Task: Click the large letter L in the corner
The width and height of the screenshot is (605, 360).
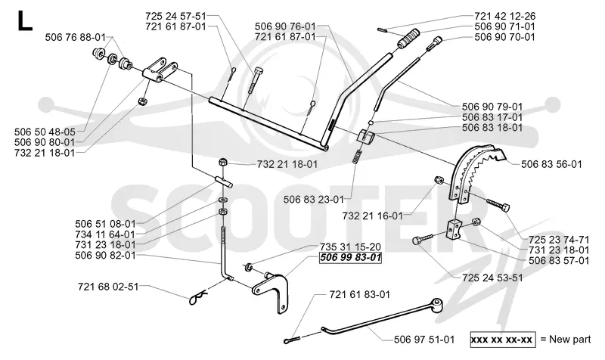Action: point(24,21)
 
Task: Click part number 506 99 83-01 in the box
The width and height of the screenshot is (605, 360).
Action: point(350,257)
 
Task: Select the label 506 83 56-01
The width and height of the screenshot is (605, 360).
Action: point(551,164)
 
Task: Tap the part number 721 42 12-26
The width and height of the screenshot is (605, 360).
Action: point(504,16)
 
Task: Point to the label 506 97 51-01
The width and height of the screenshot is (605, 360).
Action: point(424,340)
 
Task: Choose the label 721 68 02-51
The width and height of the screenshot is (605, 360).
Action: point(108,287)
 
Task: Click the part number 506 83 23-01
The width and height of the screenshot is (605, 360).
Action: point(313,200)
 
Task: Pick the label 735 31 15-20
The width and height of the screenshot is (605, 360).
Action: point(350,247)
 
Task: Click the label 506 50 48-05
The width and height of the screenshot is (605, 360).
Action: point(45,132)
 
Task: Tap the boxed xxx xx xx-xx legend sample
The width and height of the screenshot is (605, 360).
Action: point(502,340)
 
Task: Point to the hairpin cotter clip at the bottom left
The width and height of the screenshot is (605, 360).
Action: point(198,297)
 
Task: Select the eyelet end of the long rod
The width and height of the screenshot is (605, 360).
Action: point(438,304)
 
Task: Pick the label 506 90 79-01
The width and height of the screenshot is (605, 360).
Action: point(492,107)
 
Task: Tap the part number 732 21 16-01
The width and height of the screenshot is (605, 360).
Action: point(372,216)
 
